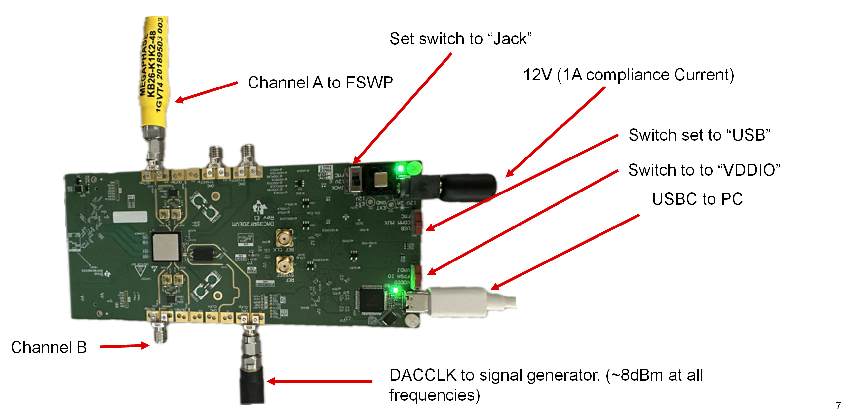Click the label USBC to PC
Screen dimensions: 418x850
pos(697,199)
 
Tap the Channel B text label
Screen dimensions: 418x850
pos(49,347)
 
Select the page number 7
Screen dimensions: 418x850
pos(838,406)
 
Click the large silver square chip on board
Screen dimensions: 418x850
pos(166,247)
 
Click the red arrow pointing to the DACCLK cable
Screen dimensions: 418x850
pos(319,381)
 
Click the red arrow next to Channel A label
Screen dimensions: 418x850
pos(206,91)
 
